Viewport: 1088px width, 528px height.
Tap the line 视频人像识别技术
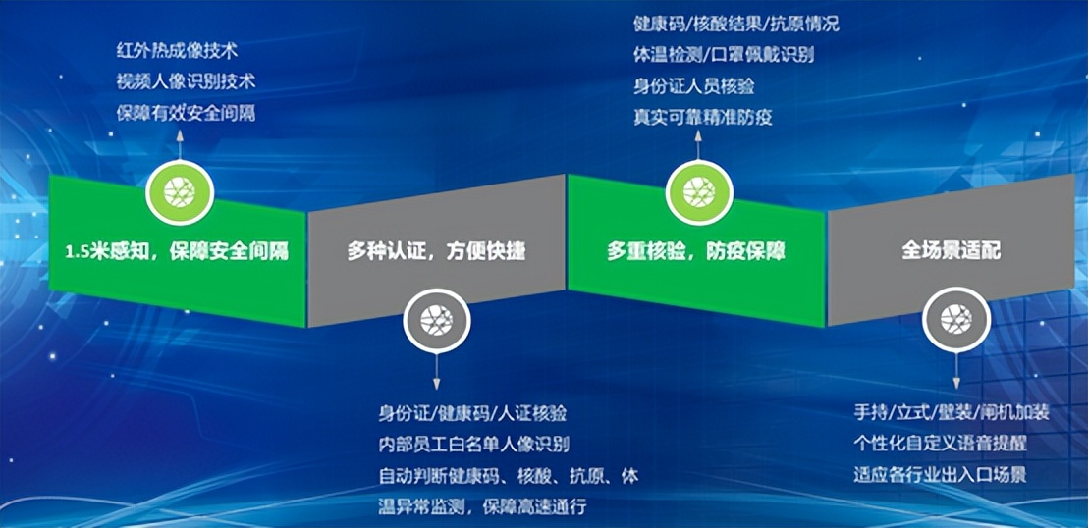(186, 81)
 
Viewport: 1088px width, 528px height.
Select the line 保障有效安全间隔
(186, 113)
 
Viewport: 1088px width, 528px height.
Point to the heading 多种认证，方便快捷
(436, 251)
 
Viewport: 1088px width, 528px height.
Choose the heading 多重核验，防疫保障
(696, 251)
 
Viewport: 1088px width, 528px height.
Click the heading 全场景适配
(952, 250)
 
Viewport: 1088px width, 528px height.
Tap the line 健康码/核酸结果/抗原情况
(736, 25)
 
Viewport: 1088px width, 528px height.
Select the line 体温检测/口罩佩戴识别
(724, 55)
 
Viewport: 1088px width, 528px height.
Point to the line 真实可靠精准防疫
(702, 117)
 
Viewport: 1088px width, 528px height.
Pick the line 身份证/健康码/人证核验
(472, 413)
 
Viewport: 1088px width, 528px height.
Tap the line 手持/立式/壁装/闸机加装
(952, 413)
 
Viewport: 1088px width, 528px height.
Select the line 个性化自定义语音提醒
(940, 443)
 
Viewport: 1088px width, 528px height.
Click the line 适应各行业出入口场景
(940, 475)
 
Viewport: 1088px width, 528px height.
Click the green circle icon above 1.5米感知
(179, 191)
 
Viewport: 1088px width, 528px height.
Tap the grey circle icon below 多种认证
(437, 321)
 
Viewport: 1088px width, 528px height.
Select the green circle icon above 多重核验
(699, 191)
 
